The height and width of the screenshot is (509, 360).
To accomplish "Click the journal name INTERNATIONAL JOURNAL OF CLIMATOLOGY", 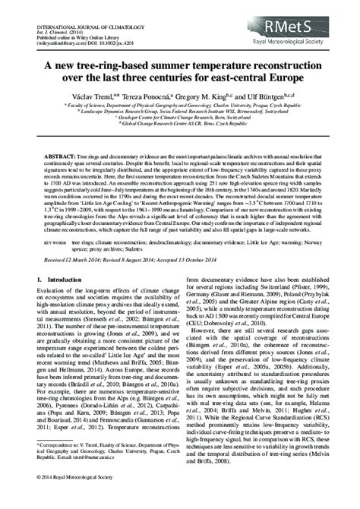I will point(66,7).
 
